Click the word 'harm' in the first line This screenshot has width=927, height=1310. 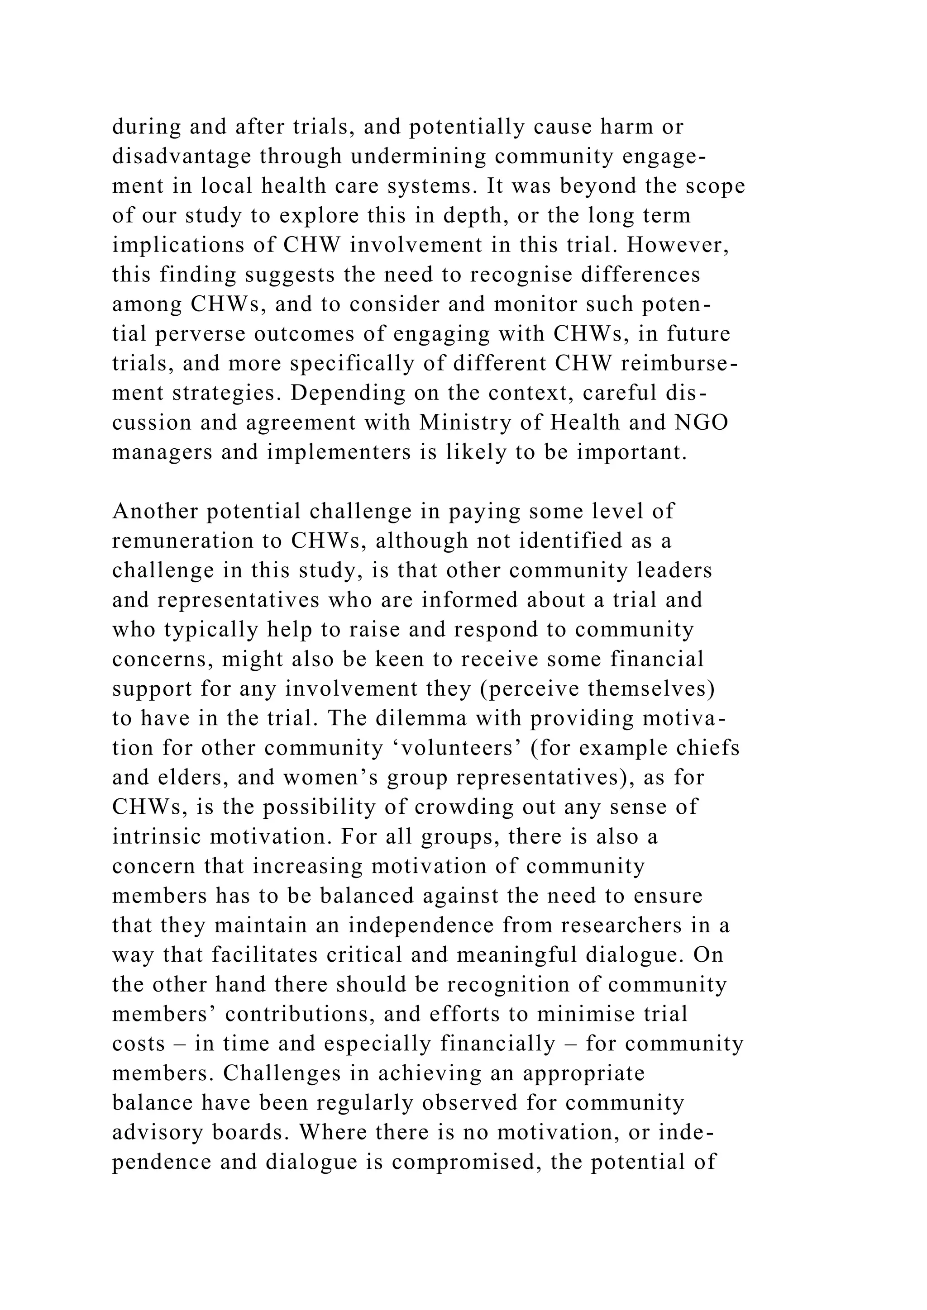pos(626,127)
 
